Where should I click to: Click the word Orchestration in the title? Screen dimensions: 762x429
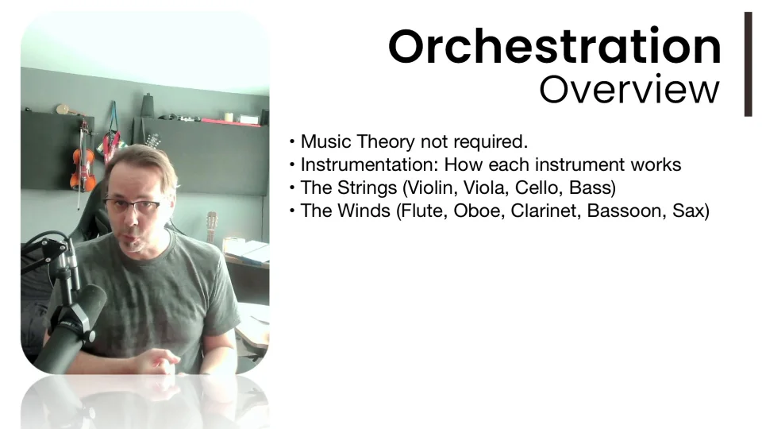click(x=555, y=46)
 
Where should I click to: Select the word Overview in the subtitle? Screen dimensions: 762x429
click(x=629, y=90)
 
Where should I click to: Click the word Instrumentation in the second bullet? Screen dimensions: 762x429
click(x=369, y=164)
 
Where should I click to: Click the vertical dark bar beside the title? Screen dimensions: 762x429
click(x=748, y=64)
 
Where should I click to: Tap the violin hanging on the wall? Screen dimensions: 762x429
click(x=83, y=163)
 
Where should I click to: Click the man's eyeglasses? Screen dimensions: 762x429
click(x=133, y=205)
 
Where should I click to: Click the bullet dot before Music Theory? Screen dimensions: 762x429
click(x=292, y=142)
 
